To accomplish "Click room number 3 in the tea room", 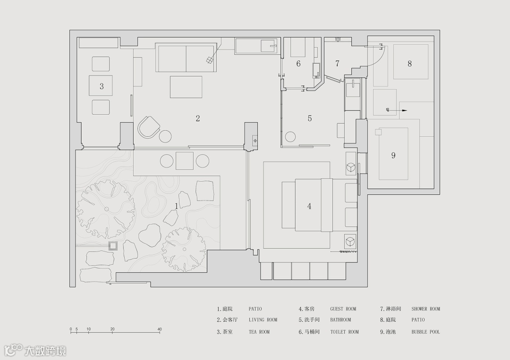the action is point(102,86).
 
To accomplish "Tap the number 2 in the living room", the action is point(198,118).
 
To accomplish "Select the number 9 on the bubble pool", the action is point(393,155).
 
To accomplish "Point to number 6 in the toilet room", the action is point(298,63).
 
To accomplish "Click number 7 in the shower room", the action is point(337,63).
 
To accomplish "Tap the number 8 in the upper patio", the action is point(409,64).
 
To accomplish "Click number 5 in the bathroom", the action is point(310,118).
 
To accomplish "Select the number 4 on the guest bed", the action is point(309,206).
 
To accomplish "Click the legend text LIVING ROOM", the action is point(263,320).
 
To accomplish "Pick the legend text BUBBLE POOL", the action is point(426,332).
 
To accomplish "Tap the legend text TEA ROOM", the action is point(259,332).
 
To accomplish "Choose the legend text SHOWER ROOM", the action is point(426,309).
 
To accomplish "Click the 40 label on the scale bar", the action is point(160,329).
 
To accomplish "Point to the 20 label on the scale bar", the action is point(112,329).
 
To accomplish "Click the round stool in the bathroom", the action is point(290,137).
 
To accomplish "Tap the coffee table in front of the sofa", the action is point(186,87).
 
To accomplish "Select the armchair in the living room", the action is point(149,127).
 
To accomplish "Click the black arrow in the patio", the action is point(397,110).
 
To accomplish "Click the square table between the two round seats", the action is point(185,161).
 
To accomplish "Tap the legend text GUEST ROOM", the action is point(343,309).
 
